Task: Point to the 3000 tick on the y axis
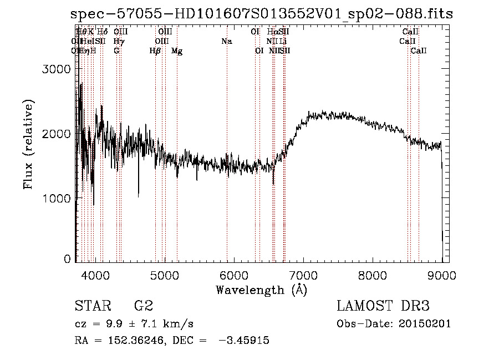pos(57,69)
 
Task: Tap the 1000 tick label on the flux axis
pos(57,198)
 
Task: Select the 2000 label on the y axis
pos(57,134)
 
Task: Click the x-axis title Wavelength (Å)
pos(261,290)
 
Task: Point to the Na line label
pos(226,41)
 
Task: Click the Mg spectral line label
pos(177,51)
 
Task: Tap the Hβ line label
pos(155,51)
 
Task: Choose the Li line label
pos(283,41)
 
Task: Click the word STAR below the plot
pos(90,306)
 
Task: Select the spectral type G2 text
pos(143,306)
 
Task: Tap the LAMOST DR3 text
pos(383,306)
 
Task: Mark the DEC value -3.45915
pos(242,341)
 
